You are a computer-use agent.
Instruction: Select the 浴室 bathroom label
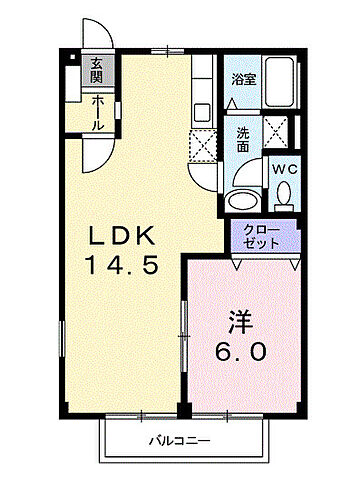[x=243, y=78]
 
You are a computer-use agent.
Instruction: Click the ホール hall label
[x=97, y=111]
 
